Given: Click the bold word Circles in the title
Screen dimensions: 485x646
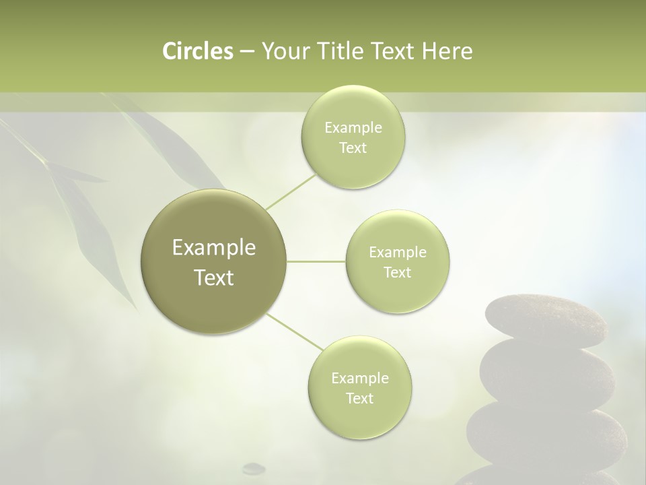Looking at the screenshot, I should pos(198,51).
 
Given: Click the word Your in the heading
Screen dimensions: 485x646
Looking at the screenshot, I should pos(283,51).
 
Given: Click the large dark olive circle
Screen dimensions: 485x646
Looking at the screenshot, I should pos(214,261).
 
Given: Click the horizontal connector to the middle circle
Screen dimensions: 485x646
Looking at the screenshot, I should pos(316,261).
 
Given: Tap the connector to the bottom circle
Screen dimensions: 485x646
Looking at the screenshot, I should pos(295,331).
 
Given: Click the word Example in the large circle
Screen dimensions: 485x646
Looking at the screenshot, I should pos(214,248).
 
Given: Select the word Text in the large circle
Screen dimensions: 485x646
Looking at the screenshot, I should pos(214,278).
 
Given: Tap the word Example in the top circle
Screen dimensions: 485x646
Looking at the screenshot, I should pos(353,128).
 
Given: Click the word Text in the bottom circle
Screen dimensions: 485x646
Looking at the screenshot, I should pos(359,398).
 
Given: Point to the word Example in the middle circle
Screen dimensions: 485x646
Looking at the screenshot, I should pos(398,252).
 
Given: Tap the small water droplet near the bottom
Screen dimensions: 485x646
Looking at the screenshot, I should pos(254,467).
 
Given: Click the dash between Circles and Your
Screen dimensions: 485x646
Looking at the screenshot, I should pos(246,52).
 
